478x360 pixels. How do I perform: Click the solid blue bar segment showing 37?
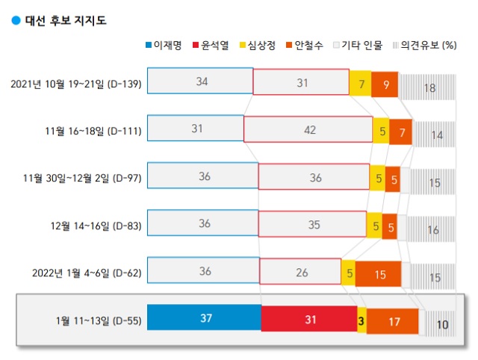coord(204,320)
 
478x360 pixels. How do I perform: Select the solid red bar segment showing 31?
coord(308,320)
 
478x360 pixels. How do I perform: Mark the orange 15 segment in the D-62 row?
coord(379,274)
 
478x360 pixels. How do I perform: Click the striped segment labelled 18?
coord(429,87)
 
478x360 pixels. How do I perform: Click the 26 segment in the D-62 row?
coord(302,273)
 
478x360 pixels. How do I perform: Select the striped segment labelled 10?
coord(443,324)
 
